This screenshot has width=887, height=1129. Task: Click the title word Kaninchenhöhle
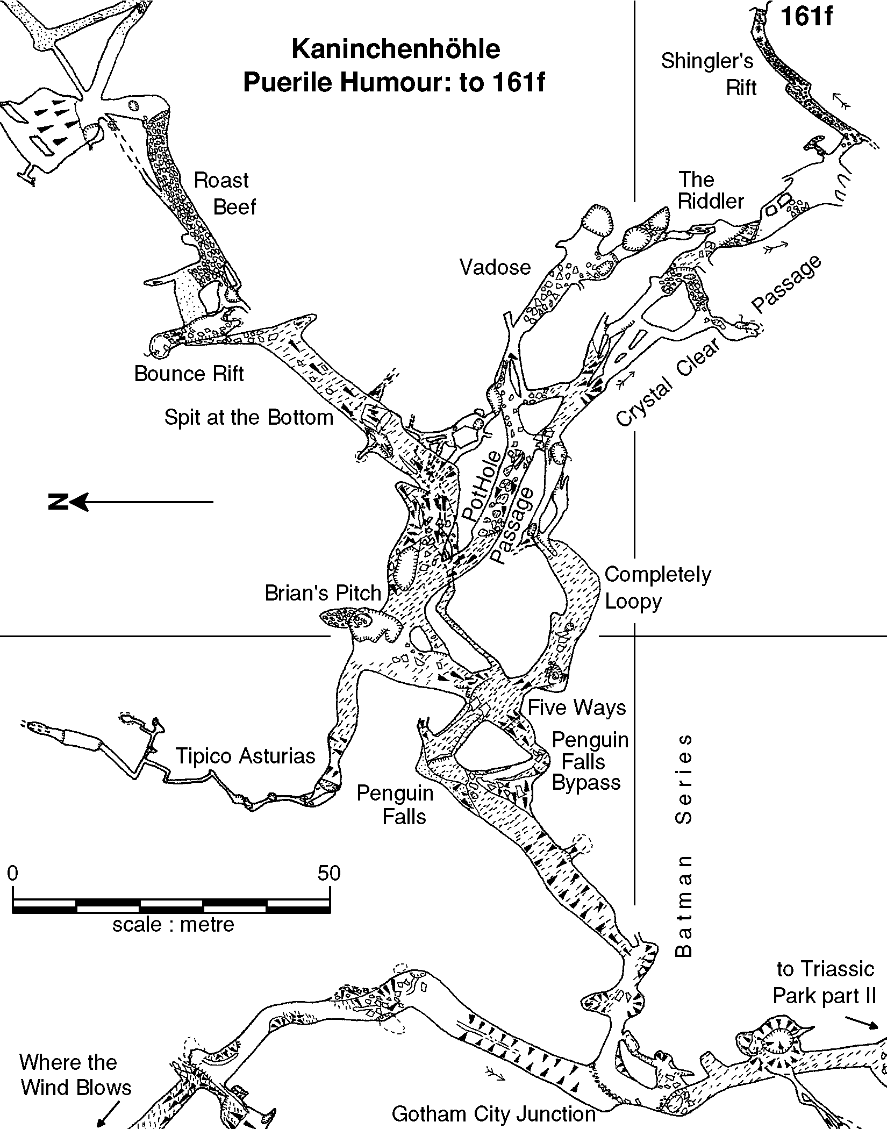(x=396, y=49)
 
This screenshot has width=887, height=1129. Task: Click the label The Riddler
(x=710, y=190)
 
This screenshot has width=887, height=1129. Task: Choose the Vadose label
(x=495, y=267)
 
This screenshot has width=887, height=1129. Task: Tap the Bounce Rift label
(x=189, y=374)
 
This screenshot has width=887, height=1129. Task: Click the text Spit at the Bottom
(x=249, y=418)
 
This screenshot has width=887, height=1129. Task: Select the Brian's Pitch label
(x=323, y=593)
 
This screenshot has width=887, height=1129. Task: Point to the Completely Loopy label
(x=657, y=588)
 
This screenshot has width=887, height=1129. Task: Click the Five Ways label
(x=577, y=708)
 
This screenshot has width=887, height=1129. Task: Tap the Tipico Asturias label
(x=245, y=756)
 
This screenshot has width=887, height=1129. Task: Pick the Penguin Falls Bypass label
(x=589, y=761)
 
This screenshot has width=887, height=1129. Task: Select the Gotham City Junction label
(x=493, y=1114)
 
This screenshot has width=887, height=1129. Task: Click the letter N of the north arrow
(x=58, y=503)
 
